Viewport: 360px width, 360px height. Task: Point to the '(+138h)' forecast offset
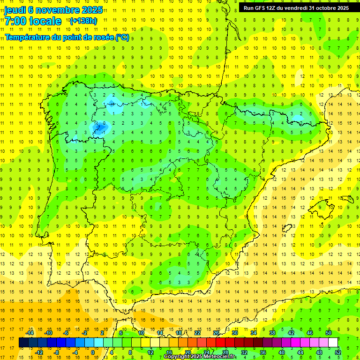pyautogui.click(x=83, y=21)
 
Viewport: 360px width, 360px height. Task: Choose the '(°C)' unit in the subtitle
pyautogui.click(x=122, y=37)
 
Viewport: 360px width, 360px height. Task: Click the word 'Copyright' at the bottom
pyautogui.click(x=177, y=357)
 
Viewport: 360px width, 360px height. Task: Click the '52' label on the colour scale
pyautogui.click(x=338, y=352)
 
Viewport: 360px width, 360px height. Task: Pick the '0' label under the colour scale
pyautogui.click(x=92, y=352)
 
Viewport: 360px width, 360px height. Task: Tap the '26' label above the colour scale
pyautogui.click(x=216, y=333)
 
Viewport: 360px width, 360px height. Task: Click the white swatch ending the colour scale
pyautogui.click(x=333, y=343)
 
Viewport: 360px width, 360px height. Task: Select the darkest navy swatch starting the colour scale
pyautogui.click(x=23, y=343)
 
